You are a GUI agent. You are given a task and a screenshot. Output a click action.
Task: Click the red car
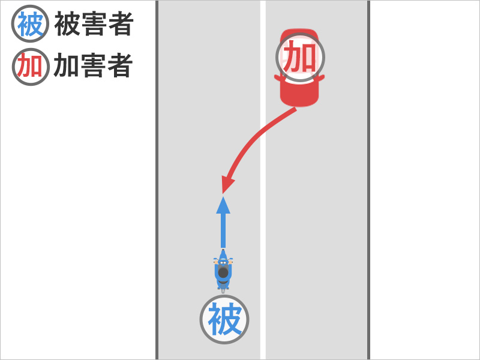299,68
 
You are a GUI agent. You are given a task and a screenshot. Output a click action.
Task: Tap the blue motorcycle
223,271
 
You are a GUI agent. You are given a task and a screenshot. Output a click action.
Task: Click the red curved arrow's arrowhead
228,185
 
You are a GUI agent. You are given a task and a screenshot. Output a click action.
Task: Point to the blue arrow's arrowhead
223,205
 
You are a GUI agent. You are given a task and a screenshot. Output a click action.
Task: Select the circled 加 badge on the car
300,57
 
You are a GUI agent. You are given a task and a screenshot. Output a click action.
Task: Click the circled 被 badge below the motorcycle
224,319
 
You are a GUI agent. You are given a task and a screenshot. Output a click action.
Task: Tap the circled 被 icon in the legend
30,23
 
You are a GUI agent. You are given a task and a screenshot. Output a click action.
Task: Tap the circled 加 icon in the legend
31,67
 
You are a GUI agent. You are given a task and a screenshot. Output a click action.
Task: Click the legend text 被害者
94,24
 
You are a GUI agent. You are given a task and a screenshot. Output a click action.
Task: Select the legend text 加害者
94,65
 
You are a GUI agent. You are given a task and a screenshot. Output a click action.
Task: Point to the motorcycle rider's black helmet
223,272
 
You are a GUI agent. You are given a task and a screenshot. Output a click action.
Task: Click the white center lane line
263,180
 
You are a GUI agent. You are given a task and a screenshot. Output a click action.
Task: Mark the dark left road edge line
157,180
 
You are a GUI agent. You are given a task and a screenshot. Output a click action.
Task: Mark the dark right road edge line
368,180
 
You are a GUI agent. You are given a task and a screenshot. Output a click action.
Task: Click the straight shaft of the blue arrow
223,230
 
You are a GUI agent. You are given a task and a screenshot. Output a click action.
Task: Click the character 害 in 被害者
94,24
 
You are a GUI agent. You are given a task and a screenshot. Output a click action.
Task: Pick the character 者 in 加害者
120,65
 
